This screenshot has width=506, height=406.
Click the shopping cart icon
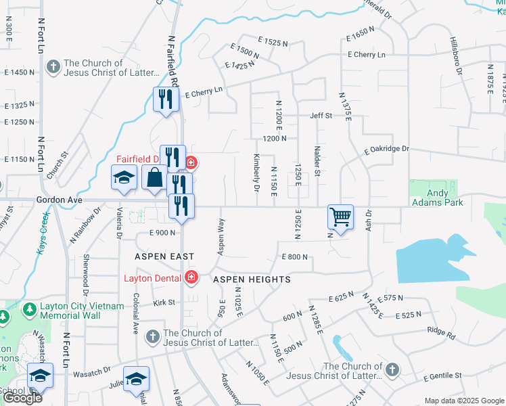340,217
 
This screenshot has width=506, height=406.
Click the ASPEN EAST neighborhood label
164,256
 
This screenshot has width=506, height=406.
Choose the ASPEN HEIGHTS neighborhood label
252,279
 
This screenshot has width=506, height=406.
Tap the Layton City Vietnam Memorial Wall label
82,311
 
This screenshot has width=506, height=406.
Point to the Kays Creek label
43,233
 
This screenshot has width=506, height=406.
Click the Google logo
22,398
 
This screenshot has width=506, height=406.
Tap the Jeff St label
321,116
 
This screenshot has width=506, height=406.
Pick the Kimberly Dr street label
256,173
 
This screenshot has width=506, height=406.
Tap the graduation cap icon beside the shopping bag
124,178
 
